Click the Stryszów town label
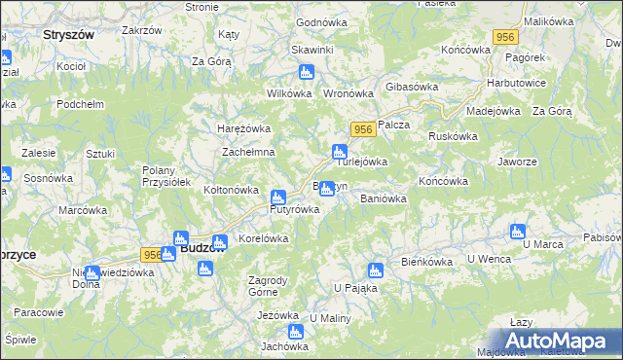[68, 34]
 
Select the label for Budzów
[203, 249]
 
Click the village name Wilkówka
[288, 94]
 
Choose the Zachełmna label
[248, 153]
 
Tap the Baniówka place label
[383, 198]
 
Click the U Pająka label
[354, 288]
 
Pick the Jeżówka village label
[277, 315]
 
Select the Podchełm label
[80, 105]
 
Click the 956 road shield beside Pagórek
[504, 37]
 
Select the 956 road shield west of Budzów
[152, 255]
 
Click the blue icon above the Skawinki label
[307, 72]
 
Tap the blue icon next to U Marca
[517, 232]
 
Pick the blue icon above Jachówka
[296, 332]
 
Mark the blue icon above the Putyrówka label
[278, 197]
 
